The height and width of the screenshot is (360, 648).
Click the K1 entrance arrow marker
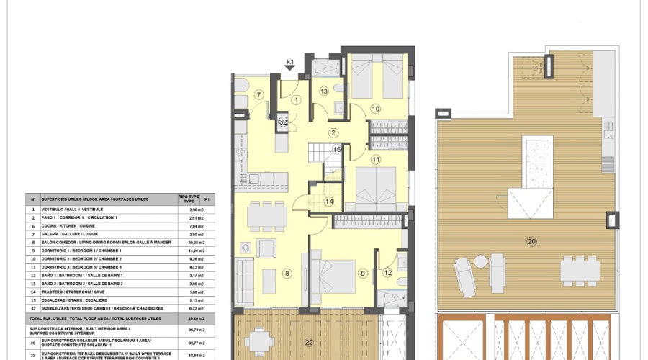[x=290, y=67]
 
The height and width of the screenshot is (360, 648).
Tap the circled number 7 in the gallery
[x=259, y=95]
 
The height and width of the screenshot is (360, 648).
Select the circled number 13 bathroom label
[x=324, y=91]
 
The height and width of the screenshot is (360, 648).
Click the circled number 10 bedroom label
[x=375, y=109]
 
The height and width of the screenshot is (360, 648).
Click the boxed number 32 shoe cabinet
[x=283, y=122]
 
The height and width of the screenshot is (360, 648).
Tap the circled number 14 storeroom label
[x=329, y=202]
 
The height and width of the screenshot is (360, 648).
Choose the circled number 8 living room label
[x=287, y=274]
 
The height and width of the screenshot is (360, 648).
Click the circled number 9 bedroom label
[x=363, y=274]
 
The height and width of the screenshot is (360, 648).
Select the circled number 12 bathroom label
[x=387, y=272]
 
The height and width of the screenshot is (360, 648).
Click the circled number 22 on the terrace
[x=308, y=342]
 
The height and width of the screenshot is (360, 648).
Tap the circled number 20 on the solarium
[x=532, y=241]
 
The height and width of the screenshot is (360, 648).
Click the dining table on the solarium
[x=580, y=271]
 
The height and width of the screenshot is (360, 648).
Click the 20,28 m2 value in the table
[x=187, y=243]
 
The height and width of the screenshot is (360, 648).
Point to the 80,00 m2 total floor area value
[x=187, y=318]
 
